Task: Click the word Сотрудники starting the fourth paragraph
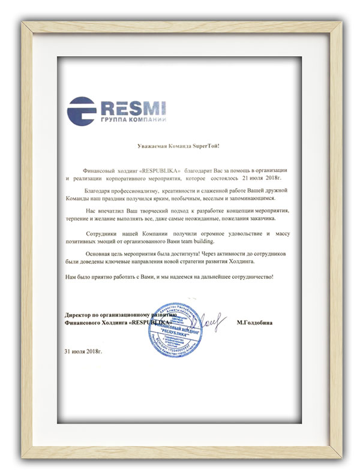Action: [106, 231]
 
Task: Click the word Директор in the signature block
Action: [79, 314]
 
